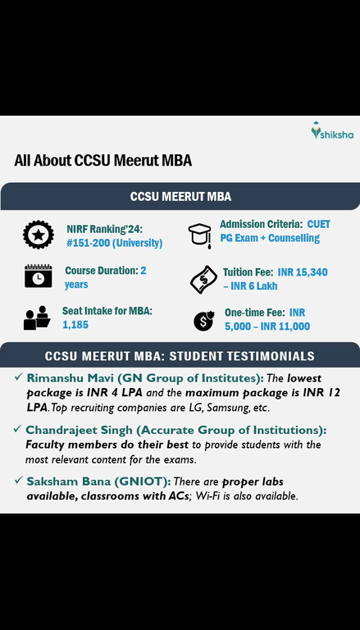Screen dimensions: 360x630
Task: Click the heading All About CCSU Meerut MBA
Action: tap(103, 161)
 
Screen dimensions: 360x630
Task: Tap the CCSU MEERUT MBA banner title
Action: tap(180, 197)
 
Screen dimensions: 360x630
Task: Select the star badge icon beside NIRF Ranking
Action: tap(38, 235)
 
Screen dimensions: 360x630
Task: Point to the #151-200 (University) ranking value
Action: tap(114, 243)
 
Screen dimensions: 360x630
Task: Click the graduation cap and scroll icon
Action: tap(199, 235)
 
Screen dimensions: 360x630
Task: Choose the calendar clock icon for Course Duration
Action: tap(38, 276)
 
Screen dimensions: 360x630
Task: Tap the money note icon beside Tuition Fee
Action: tap(201, 279)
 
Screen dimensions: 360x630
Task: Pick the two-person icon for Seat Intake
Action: tap(37, 317)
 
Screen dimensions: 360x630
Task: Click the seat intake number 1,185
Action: tap(75, 325)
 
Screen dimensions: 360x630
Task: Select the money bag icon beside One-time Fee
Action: tap(203, 320)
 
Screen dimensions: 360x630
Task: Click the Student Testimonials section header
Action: tap(180, 356)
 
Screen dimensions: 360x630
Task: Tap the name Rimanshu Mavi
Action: tap(70, 378)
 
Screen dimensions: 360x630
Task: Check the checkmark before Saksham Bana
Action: tap(17, 482)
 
